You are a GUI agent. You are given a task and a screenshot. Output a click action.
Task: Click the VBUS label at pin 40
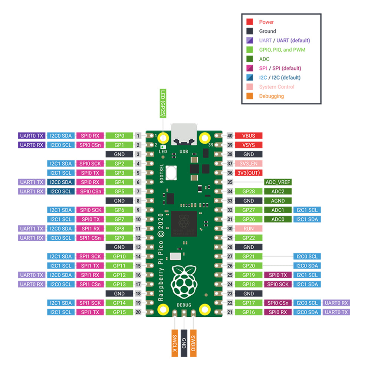click(249, 136)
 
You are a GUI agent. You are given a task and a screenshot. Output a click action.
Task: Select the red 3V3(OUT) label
click(249, 173)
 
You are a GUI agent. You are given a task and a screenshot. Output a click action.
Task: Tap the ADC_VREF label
click(278, 182)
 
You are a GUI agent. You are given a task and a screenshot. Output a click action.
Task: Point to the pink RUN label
click(249, 229)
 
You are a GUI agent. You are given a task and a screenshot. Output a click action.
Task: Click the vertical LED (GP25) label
click(162, 104)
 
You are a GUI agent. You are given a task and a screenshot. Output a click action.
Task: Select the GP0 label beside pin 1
click(119, 136)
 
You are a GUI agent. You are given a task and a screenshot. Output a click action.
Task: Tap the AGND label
click(278, 201)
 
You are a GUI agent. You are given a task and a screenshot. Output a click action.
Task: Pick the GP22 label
click(249, 238)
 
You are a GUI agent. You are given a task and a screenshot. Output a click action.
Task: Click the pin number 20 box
click(138, 312)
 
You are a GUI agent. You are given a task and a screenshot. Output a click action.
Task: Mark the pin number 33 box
click(230, 201)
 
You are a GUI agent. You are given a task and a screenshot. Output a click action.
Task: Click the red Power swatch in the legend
click(250, 22)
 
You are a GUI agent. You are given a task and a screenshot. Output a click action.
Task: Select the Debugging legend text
click(271, 96)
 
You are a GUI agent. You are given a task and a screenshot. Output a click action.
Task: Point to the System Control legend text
click(276, 87)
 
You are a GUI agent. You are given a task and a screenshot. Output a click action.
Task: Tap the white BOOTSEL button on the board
click(172, 173)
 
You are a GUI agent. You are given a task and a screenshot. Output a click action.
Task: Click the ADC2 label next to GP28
click(278, 191)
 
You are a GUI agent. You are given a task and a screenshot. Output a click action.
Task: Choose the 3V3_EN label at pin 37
click(249, 164)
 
